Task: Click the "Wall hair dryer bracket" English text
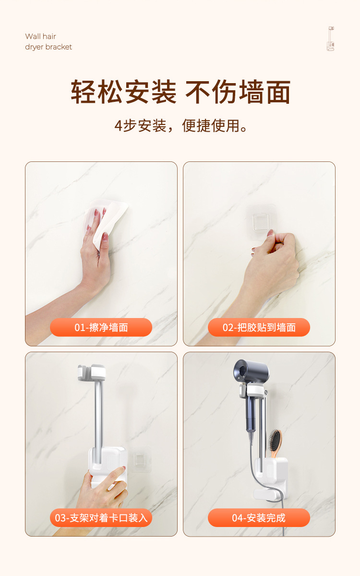coord(48,41)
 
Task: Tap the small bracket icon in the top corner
coord(331,38)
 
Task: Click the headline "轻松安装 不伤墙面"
coord(180,92)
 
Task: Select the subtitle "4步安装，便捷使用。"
coord(180,126)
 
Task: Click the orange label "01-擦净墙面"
coord(101,327)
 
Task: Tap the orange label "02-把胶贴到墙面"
coord(259,327)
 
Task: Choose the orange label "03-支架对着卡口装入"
coord(101,517)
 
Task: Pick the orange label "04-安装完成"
coord(259,517)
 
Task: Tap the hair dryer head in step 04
coord(252,372)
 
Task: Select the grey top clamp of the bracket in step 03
coord(92,373)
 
